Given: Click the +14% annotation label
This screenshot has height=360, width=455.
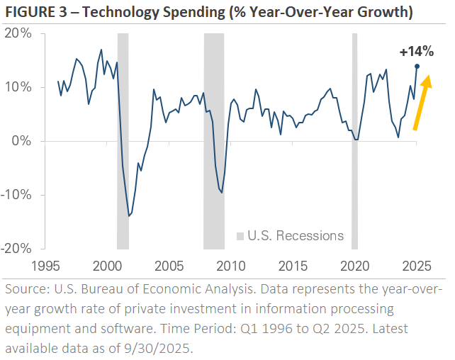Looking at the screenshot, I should [416, 52].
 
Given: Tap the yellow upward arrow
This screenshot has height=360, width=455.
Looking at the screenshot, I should [423, 103].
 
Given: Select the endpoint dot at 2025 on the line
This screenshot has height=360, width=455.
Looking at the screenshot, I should [417, 66].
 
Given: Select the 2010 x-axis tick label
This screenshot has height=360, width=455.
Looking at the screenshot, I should [231, 266].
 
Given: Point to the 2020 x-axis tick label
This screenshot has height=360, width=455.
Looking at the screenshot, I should [354, 266].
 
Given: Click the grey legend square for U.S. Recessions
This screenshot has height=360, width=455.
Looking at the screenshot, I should [240, 236].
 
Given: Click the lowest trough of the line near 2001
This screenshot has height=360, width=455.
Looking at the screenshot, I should [129, 215].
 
